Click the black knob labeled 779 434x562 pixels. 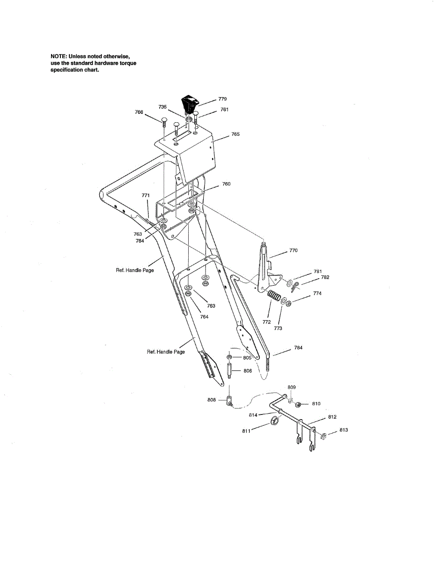pos(189,103)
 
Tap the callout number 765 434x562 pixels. pos(235,134)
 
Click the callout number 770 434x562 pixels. pos(294,251)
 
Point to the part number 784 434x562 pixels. pos(298,348)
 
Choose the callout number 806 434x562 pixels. pos(248,371)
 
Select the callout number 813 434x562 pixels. pos(344,430)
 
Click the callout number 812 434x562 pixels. pos(332,416)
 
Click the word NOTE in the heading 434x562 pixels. pos(58,57)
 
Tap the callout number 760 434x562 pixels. pos(226,184)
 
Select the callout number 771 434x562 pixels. pos(146,195)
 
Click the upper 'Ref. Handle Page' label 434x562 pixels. pos(134,270)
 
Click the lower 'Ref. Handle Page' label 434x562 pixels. pos(166,352)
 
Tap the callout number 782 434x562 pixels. pos(325,277)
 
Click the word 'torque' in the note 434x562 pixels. pos(128,63)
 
